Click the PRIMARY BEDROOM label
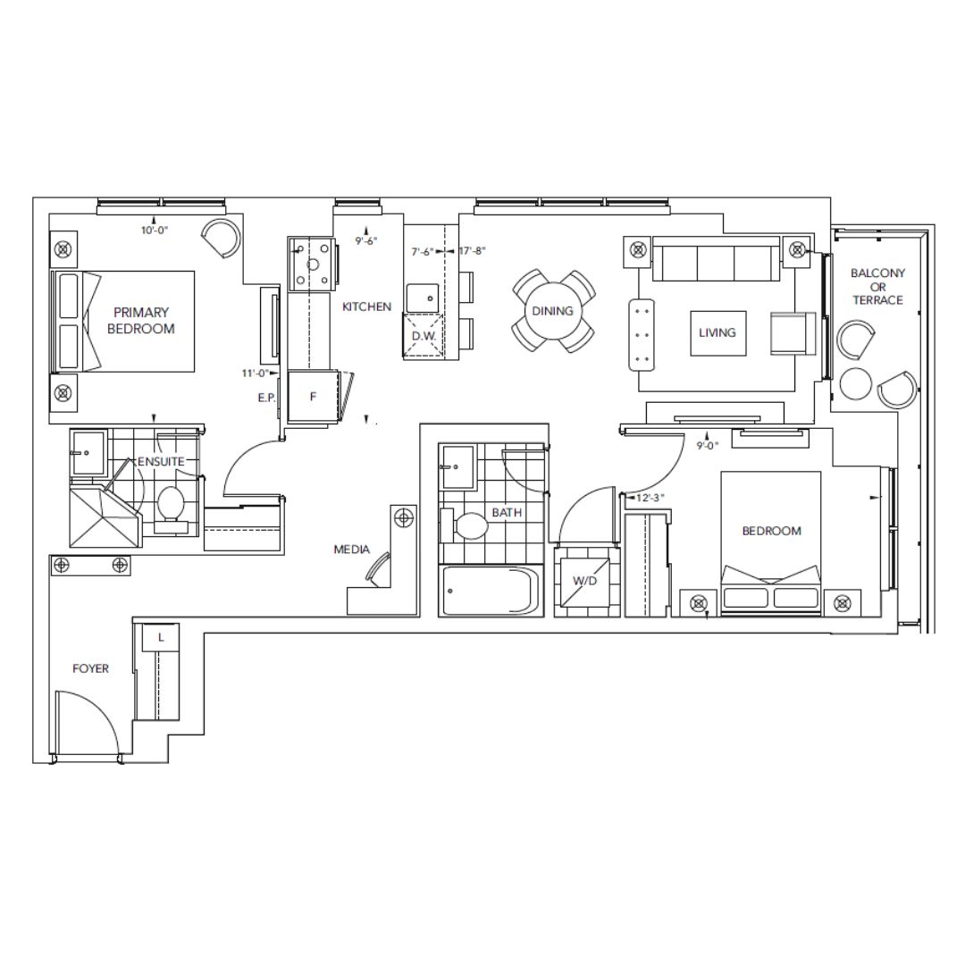point(141,321)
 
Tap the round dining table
point(553,312)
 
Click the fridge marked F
point(313,397)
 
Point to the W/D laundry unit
point(584,581)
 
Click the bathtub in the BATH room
point(491,592)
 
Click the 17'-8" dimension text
point(472,251)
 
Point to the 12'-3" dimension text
point(650,498)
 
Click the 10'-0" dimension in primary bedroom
point(155,231)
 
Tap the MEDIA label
point(351,550)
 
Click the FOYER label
point(90,668)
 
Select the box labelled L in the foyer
point(161,638)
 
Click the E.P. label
point(266,399)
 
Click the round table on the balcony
point(855,384)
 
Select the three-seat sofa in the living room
point(715,258)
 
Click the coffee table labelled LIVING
point(718,333)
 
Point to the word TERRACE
point(877,300)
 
